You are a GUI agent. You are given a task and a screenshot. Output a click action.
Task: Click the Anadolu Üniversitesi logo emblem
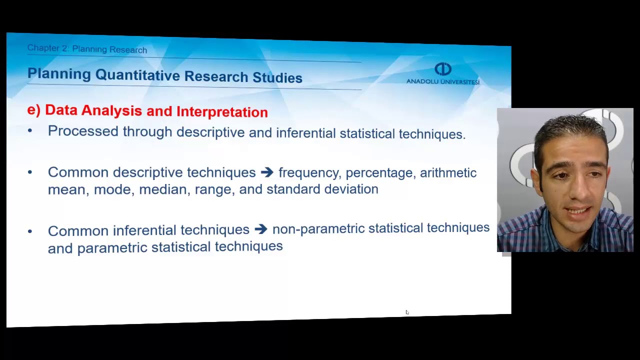pos(442,69)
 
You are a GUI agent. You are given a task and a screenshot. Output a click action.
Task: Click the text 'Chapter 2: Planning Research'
pos(87,49)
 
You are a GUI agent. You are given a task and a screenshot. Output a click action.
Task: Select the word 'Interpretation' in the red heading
pos(222,112)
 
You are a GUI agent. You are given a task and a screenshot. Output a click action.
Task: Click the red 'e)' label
pos(33,109)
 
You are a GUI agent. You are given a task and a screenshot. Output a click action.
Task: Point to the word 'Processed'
pos(83,131)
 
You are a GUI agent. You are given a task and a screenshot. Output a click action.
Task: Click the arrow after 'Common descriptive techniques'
pos(267,172)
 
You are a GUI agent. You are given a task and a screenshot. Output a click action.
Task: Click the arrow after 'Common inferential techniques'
pos(260,229)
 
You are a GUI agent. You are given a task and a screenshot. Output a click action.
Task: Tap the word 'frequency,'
pos(309,173)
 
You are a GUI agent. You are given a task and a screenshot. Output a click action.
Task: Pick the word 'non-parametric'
pos(318,228)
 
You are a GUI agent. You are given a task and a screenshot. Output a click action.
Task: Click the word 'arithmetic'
pos(448,172)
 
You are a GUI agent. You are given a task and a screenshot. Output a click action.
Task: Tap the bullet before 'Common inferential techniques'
pos(30,231)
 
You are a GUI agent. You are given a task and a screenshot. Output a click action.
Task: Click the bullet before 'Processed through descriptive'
pos(30,131)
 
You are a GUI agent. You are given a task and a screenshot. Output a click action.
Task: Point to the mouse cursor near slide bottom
pos(407,312)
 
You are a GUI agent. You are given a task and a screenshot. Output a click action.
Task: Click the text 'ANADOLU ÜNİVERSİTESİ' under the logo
pos(442,81)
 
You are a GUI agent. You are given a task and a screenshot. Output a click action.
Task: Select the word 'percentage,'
pos(380,173)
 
